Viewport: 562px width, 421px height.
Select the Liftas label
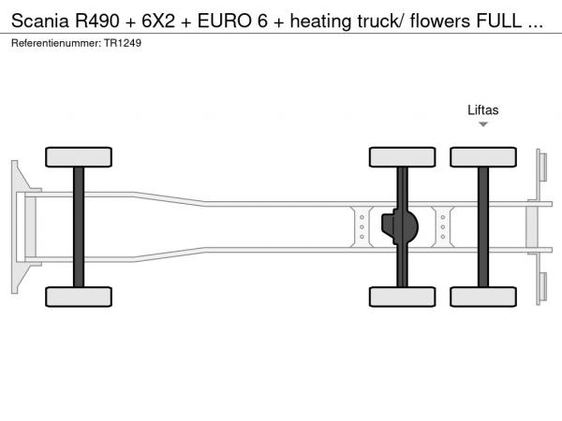(x=483, y=109)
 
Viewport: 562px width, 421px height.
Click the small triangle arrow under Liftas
(x=483, y=123)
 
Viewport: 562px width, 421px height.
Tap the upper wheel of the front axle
(x=78, y=156)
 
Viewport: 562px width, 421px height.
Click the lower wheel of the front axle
(x=78, y=297)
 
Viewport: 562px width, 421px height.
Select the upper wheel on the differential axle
(x=402, y=156)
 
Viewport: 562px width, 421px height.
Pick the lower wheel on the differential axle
(x=402, y=297)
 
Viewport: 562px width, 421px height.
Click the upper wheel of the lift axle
(x=483, y=156)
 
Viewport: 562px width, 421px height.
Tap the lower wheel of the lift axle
(x=483, y=297)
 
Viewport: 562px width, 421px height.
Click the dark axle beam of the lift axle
(x=483, y=226)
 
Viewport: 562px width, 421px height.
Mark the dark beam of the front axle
(x=78, y=226)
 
